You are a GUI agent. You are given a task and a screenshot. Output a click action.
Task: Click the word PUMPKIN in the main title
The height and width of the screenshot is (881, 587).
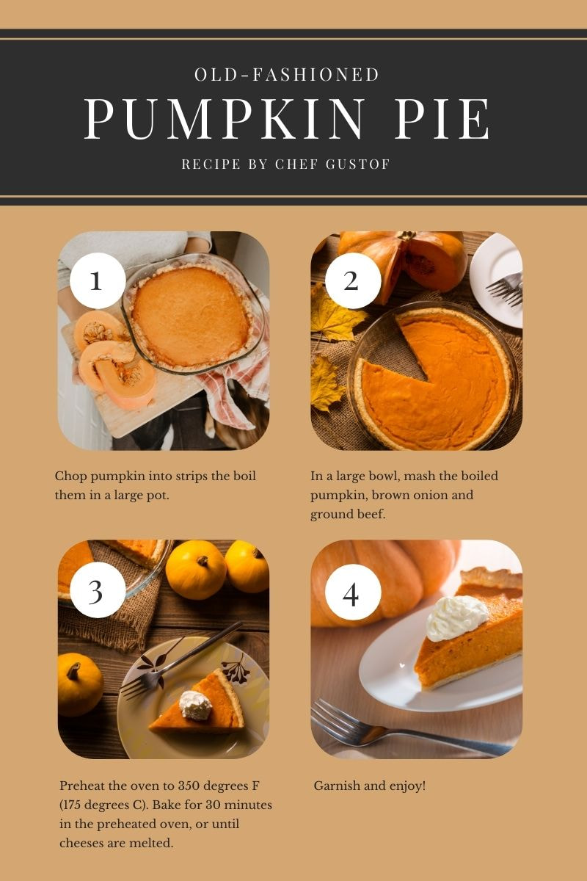click(224, 118)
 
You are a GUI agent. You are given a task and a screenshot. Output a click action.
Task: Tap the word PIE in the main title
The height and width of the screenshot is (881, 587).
click(442, 118)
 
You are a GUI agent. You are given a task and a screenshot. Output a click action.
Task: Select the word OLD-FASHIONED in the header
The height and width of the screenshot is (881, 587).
click(287, 74)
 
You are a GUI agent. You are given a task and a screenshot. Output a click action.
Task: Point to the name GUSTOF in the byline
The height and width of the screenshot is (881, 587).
click(357, 164)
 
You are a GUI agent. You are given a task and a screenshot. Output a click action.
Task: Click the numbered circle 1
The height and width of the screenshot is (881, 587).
click(98, 280)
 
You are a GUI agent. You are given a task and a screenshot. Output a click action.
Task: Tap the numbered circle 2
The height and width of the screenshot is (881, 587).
click(353, 280)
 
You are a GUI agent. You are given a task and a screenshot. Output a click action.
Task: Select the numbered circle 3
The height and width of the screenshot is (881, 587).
click(98, 590)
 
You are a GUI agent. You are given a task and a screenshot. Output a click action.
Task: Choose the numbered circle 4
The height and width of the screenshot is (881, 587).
click(353, 592)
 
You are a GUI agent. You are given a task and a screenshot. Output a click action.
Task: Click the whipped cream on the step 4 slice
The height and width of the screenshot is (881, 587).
click(456, 617)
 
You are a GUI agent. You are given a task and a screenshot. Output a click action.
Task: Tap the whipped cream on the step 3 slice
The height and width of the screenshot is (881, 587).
click(195, 706)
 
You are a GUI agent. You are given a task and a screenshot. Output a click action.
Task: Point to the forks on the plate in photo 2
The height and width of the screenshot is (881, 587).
click(504, 289)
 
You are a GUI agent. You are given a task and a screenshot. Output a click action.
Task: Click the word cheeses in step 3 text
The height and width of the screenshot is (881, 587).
click(81, 843)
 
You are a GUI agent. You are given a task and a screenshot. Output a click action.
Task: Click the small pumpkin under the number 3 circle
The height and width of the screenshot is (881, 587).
click(80, 684)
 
